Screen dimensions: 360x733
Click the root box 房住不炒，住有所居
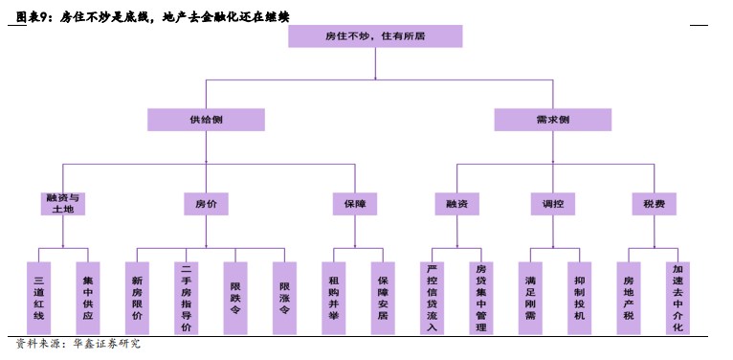[x=375, y=36]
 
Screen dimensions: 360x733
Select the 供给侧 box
[x=206, y=120]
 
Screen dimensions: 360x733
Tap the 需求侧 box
[x=552, y=120]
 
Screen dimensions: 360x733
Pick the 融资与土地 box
[x=63, y=203]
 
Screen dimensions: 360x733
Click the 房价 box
[x=206, y=203]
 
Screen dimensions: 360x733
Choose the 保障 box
[x=354, y=203]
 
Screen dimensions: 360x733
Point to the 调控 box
[x=553, y=203]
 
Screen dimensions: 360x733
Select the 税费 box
[x=655, y=203]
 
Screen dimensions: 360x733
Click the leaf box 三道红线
[x=39, y=298]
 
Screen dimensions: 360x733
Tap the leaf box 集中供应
[x=88, y=298]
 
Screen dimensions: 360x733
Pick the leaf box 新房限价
[x=138, y=298]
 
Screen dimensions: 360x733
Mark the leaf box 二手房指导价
[x=187, y=298]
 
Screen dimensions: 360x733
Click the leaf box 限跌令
[x=235, y=298]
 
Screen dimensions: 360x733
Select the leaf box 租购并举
[x=334, y=298]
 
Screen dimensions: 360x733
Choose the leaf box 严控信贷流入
[x=433, y=298]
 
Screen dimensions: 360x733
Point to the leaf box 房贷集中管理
[x=481, y=298]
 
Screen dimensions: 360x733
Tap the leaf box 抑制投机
[x=580, y=298]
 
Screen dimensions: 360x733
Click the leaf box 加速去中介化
[x=678, y=298]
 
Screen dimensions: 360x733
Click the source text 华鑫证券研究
[x=105, y=344]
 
